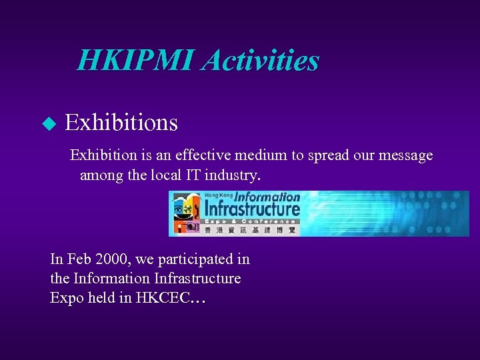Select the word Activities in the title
pyautogui.click(x=261, y=61)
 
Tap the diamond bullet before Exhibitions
pyautogui.click(x=49, y=123)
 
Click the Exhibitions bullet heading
pyautogui.click(x=121, y=123)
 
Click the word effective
pyautogui.click(x=203, y=156)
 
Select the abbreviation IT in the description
pyautogui.click(x=176, y=176)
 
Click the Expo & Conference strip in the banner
pyautogui.click(x=251, y=221)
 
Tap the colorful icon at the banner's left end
pyautogui.click(x=185, y=213)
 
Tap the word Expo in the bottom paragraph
pyautogui.click(x=65, y=297)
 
